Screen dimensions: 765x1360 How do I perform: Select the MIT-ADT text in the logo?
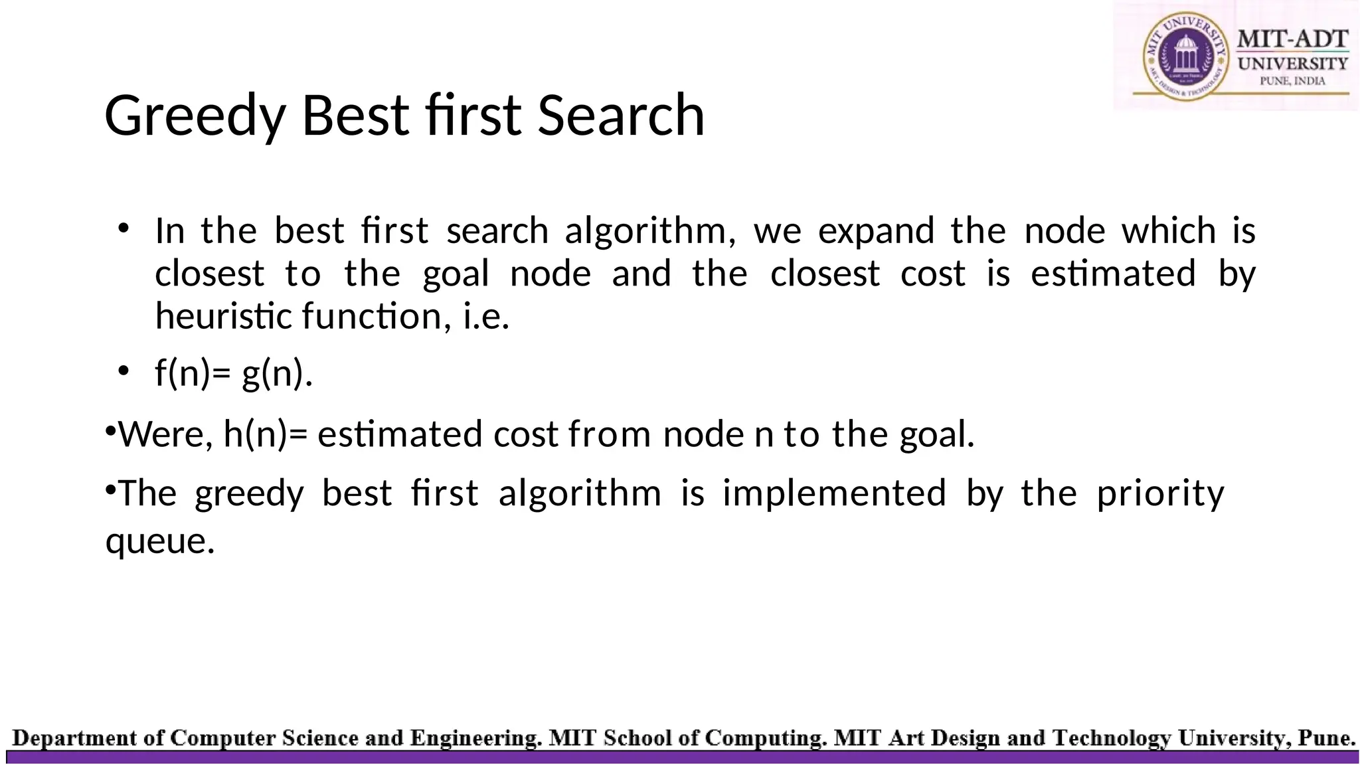coord(1292,39)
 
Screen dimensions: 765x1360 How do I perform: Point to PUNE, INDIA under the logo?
coord(1292,81)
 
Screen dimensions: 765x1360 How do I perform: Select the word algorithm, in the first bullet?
coord(649,231)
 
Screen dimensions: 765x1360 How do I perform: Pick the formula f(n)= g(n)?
coord(233,373)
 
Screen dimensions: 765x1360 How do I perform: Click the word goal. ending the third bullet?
coord(936,434)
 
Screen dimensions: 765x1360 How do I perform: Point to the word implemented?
coord(834,493)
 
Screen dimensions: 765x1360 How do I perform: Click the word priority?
coord(1159,493)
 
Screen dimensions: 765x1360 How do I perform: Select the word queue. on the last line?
coord(160,541)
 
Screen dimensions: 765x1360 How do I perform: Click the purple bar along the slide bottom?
coord(680,757)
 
